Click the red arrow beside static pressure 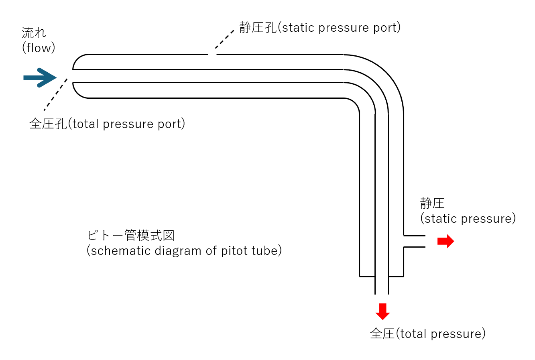click(445, 241)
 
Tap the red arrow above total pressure click(382, 311)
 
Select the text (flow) click(39, 48)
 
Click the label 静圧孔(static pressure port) click(320, 28)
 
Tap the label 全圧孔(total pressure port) click(107, 124)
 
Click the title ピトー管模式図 click(131, 235)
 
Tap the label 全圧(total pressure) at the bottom click(427, 334)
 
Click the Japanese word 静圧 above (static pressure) click(432, 203)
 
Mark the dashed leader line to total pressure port click(55, 95)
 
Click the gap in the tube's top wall click(212, 54)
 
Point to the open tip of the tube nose click(73, 76)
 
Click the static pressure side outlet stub click(414, 241)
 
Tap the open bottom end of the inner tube click(382, 293)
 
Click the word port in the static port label click(385, 28)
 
